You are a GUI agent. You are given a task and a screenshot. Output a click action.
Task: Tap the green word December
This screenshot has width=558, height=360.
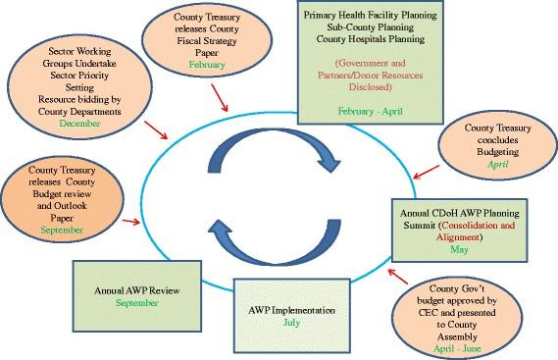point(80,125)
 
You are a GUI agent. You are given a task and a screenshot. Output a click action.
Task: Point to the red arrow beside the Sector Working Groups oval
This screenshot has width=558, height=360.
point(154,129)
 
